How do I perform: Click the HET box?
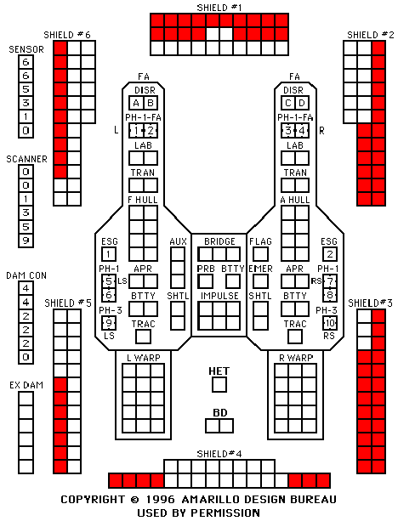click(x=219, y=385)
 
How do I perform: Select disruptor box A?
click(x=136, y=103)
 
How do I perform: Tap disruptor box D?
click(x=302, y=103)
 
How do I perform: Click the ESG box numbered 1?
click(x=109, y=254)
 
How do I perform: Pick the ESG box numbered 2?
click(x=330, y=254)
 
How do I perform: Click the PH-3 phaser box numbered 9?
click(x=109, y=323)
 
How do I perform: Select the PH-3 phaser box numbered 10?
click(x=330, y=323)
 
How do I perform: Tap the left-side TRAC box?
click(x=144, y=337)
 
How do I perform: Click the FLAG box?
click(x=260, y=254)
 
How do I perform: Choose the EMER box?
click(x=260, y=281)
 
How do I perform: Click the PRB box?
click(x=206, y=281)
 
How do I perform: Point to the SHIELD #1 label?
click(x=219, y=8)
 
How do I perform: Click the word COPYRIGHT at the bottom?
click(x=93, y=499)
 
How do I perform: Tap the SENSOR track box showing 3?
click(x=26, y=103)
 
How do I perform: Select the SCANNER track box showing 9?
click(x=26, y=241)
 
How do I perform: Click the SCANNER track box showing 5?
click(x=26, y=227)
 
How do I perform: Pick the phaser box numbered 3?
click(x=288, y=130)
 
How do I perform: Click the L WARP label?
click(x=144, y=358)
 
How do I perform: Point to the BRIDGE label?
click(x=219, y=241)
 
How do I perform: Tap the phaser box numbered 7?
click(x=330, y=281)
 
